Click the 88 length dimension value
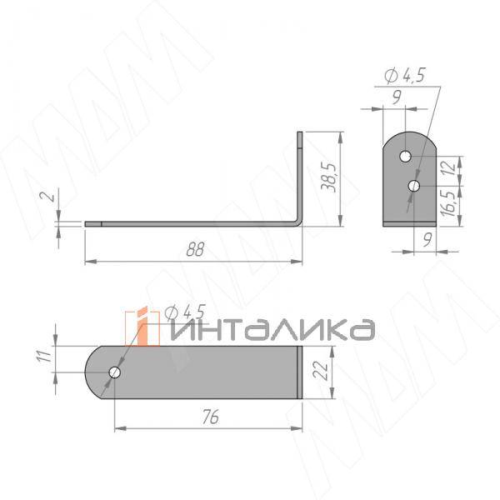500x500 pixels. click(195, 249)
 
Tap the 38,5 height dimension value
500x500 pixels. click(328, 178)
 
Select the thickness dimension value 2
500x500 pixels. click(50, 196)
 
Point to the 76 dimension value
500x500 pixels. click(211, 417)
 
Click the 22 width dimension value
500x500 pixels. click(321, 371)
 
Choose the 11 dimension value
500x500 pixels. click(44, 356)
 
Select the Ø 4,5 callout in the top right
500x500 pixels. click(405, 76)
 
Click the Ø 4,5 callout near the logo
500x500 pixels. click(186, 312)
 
